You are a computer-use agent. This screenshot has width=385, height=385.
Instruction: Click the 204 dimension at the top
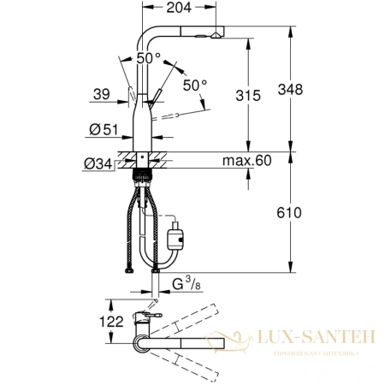[178, 9]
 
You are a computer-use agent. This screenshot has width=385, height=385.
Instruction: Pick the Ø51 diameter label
[105, 131]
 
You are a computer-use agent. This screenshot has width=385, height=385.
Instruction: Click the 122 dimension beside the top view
[96, 323]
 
